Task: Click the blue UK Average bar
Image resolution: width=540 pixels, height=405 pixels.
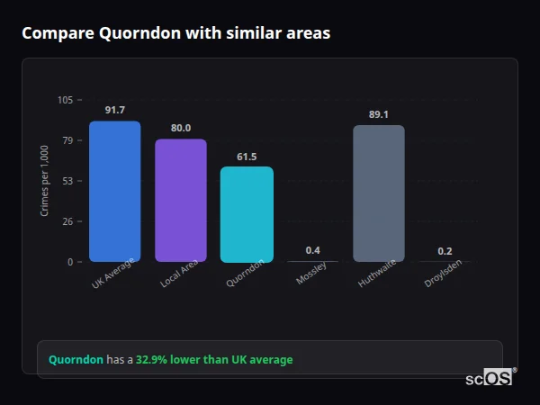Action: pos(114,192)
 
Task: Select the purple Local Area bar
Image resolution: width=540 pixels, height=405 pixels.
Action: pos(181,201)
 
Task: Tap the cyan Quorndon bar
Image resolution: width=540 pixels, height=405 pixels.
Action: pos(247,214)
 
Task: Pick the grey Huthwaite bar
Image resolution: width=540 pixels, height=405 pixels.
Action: pos(379,193)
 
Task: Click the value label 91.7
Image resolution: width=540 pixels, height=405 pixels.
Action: pos(114,110)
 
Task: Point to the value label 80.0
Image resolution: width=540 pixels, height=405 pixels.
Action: pos(181,128)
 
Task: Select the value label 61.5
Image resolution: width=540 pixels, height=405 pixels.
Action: pos(247,157)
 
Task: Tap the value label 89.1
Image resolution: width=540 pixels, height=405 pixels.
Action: pos(379,114)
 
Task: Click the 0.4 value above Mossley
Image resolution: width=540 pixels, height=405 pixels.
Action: pos(313,250)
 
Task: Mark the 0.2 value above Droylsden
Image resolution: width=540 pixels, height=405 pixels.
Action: pos(445,251)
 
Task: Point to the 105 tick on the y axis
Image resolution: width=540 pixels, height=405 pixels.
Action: pos(65,100)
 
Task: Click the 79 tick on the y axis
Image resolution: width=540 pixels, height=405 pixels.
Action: pos(67,140)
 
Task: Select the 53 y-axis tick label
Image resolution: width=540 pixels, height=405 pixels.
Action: pos(67,181)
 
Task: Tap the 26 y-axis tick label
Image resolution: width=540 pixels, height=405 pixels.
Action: pos(67,221)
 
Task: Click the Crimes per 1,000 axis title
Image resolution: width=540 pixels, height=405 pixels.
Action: pos(45,180)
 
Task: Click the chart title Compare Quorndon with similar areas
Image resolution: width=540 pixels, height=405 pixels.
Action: pos(175,33)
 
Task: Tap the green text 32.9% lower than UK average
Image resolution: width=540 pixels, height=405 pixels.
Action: pos(214,359)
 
